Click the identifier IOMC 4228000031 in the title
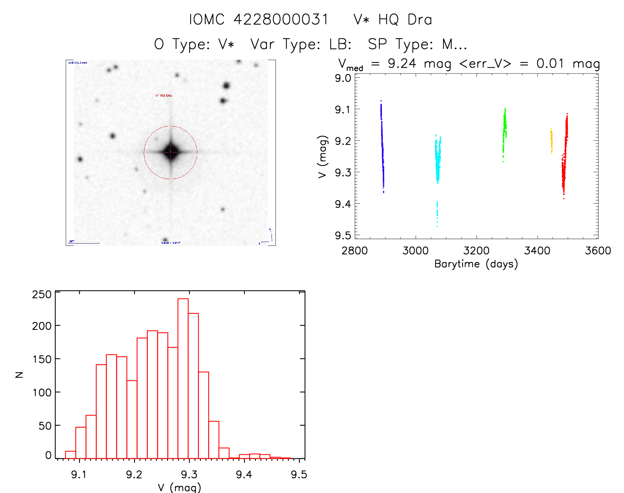(x=259, y=19)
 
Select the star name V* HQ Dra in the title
(x=392, y=19)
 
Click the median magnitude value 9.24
(x=402, y=63)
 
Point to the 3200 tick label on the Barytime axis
(x=476, y=250)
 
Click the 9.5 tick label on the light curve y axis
(x=343, y=235)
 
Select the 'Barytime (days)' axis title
(x=476, y=264)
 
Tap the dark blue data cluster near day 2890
(x=382, y=145)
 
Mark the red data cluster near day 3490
(x=565, y=155)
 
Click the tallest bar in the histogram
(x=183, y=378)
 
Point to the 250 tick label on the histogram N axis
(x=42, y=294)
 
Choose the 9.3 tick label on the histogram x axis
(x=189, y=475)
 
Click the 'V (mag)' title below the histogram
(x=179, y=487)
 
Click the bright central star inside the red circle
(x=170, y=152)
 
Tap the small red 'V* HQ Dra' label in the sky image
(x=164, y=95)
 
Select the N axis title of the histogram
(x=19, y=375)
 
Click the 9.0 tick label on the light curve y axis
(x=343, y=78)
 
